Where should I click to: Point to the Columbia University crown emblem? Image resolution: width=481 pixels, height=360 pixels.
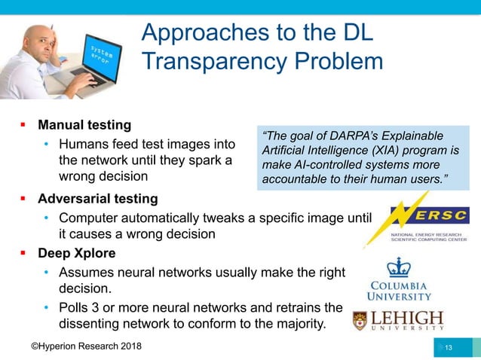(x=397, y=267)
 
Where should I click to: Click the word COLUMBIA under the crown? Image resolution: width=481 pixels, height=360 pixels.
(x=397, y=285)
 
